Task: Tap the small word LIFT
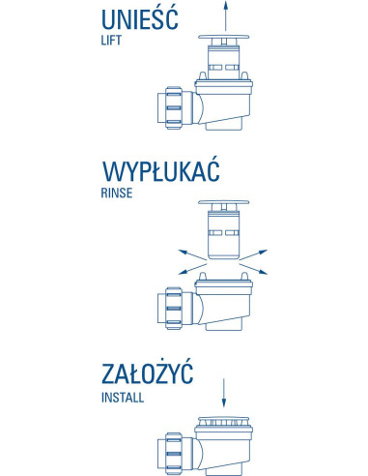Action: (x=114, y=43)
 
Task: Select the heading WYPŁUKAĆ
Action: (x=158, y=175)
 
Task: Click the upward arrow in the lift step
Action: (x=226, y=17)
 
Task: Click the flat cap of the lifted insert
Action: (x=225, y=41)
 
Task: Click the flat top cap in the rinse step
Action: (x=225, y=205)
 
